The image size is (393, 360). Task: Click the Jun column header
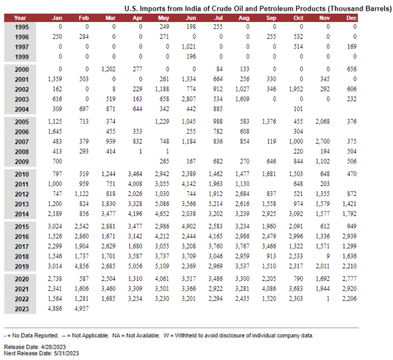(x=191, y=18)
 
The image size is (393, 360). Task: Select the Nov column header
(x=324, y=18)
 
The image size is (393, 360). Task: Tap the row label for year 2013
(x=22, y=204)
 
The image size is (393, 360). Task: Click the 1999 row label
(x=22, y=57)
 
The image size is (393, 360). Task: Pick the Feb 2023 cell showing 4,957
(x=82, y=308)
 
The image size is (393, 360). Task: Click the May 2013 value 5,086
(x=162, y=204)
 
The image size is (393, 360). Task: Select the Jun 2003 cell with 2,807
(x=189, y=99)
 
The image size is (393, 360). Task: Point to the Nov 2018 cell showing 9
(x=328, y=256)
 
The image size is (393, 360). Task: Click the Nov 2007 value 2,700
(x=323, y=141)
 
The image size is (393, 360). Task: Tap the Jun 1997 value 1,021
(x=189, y=47)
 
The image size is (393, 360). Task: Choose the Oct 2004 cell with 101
(x=298, y=108)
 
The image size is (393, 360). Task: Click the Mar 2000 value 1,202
(x=109, y=69)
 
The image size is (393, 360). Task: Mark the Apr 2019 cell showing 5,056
(x=136, y=266)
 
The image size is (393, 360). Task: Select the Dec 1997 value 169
(x=352, y=47)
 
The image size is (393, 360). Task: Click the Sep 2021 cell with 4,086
(x=269, y=288)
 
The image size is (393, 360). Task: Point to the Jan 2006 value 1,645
(x=55, y=131)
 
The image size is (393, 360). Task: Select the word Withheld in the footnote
(x=184, y=335)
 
